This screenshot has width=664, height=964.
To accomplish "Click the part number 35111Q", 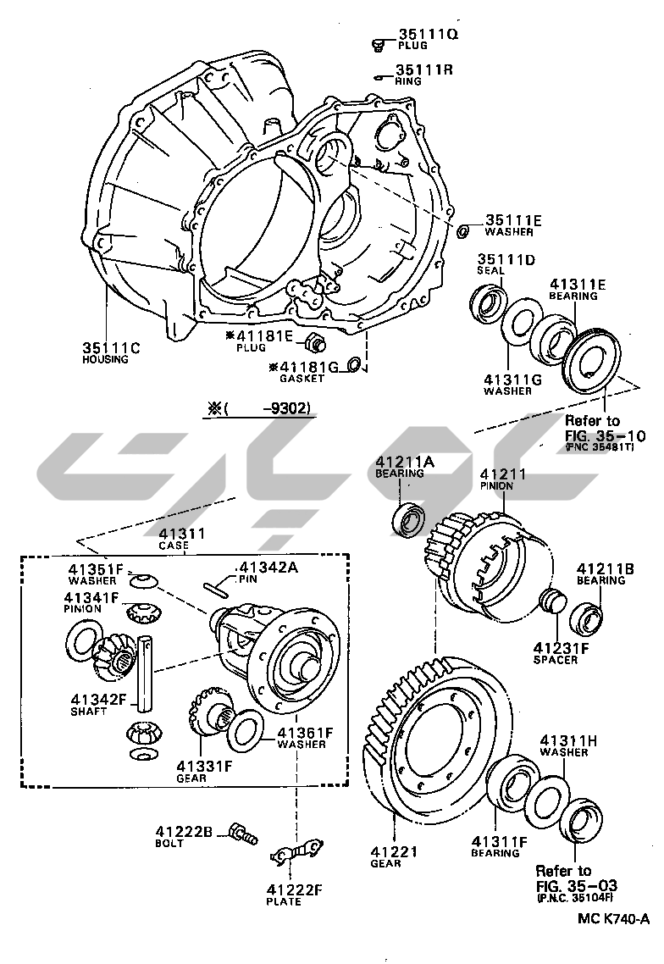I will [426, 35].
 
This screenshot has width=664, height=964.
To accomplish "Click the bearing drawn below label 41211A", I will [412, 519].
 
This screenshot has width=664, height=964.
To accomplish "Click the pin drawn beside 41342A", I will [217, 587].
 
